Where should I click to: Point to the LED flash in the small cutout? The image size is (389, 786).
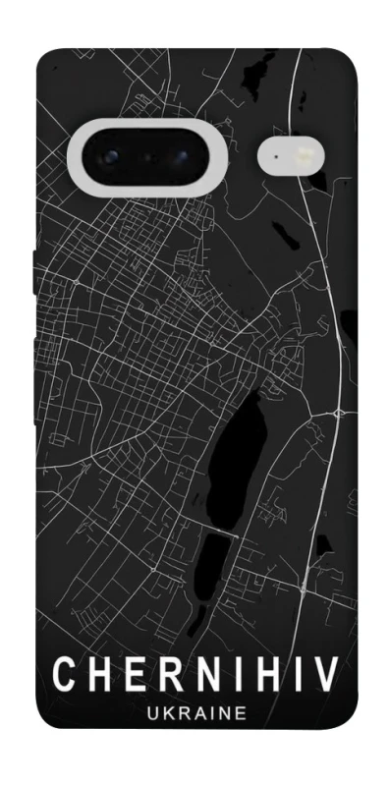(303, 155)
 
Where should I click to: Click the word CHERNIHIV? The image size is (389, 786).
(195, 677)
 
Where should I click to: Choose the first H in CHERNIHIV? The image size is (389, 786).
(98, 677)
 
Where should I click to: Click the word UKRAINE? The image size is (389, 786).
(195, 714)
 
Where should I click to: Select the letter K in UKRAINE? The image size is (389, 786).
(163, 714)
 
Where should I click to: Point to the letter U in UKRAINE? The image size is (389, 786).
(147, 714)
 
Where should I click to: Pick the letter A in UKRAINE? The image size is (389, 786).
(194, 714)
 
